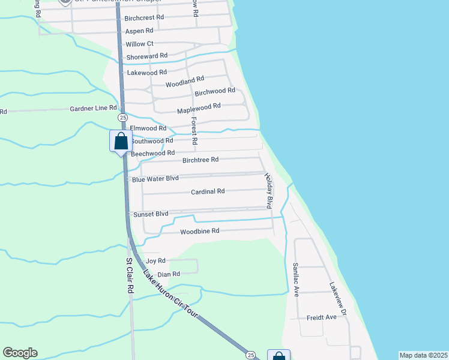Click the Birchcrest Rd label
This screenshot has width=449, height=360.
145,17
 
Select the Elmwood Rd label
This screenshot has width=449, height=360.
148,128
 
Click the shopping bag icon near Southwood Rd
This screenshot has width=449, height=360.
121,142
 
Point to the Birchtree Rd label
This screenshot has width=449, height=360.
200,160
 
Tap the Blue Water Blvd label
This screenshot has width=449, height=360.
155,179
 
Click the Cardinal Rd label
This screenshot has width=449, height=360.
208,191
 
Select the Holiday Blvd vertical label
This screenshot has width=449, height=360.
270,191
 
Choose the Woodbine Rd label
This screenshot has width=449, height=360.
200,231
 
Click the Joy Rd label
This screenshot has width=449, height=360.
155,261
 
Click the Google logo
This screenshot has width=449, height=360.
20,353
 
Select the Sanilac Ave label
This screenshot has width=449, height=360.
295,280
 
